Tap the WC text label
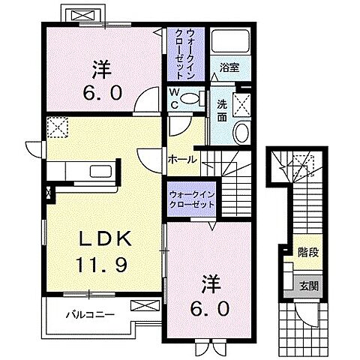click(x=173, y=99)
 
